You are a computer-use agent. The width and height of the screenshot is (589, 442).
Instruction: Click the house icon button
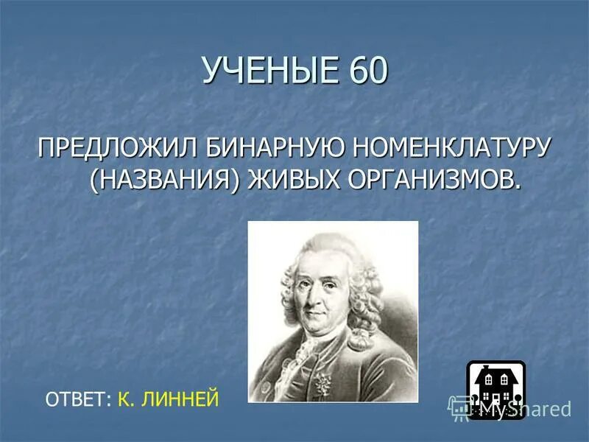pyautogui.click(x=495, y=387)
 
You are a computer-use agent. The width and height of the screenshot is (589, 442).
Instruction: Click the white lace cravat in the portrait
pyautogui.click(x=306, y=354)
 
